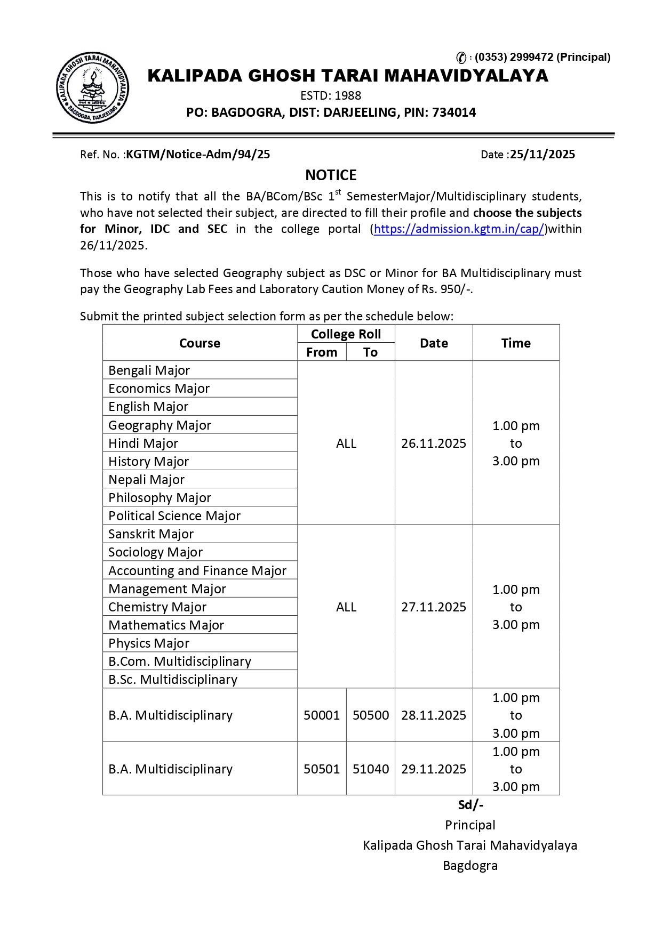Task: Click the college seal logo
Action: tap(92, 88)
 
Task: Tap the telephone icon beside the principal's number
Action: tap(461, 58)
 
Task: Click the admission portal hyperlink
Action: tap(459, 229)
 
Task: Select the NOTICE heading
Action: tap(331, 175)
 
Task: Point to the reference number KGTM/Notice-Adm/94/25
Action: tap(198, 155)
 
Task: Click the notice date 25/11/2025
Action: tap(542, 155)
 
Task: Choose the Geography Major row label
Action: tap(159, 425)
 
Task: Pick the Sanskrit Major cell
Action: tap(151, 534)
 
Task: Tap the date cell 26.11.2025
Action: tap(434, 444)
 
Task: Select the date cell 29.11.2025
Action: tap(434, 769)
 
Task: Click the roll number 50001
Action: tap(322, 715)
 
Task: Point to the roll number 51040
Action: tap(371, 769)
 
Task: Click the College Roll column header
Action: tap(346, 334)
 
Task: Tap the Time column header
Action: tap(516, 343)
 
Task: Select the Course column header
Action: tap(200, 343)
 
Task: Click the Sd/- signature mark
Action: tap(470, 805)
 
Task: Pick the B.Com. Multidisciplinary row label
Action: tap(180, 662)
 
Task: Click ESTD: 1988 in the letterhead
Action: tap(331, 96)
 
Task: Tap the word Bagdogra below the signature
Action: tap(470, 866)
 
